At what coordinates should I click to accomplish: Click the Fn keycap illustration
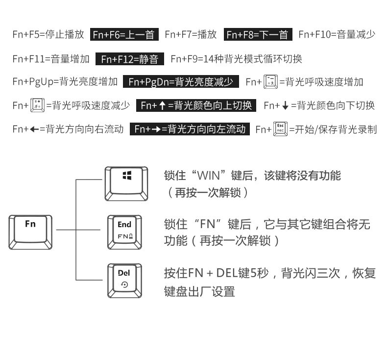[x=30, y=230]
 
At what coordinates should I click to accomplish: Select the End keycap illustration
[x=124, y=231]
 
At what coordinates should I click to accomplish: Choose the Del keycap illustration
[x=124, y=280]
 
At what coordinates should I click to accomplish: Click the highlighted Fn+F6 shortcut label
[x=124, y=34]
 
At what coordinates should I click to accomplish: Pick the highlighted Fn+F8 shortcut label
[x=258, y=34]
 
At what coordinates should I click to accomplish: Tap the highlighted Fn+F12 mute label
[x=130, y=59]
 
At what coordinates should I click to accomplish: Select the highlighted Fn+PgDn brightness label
[x=181, y=82]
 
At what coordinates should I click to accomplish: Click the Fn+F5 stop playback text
[x=48, y=34]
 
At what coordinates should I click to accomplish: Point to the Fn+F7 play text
[x=191, y=34]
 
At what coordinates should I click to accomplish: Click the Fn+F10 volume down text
[x=337, y=34]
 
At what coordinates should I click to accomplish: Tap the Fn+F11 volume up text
[x=51, y=59]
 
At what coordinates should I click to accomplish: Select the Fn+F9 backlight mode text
[x=236, y=59]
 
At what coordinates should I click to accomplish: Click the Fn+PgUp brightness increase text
[x=65, y=82]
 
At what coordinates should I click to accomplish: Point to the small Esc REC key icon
[x=280, y=129]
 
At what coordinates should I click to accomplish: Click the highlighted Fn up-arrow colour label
[x=196, y=105]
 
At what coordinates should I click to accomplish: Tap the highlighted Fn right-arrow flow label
[x=190, y=129]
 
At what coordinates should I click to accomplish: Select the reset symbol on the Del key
[x=124, y=284]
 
